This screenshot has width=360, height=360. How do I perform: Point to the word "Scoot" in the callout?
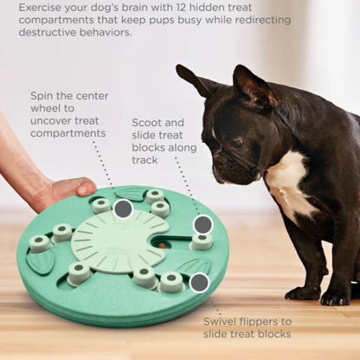pos(147,125)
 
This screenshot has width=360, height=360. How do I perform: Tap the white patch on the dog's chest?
pos(286,182)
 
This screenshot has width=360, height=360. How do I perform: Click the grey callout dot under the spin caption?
pos(123,209)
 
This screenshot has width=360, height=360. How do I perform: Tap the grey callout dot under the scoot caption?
pos(202,224)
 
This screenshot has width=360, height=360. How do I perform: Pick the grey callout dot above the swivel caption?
pos(199,282)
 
